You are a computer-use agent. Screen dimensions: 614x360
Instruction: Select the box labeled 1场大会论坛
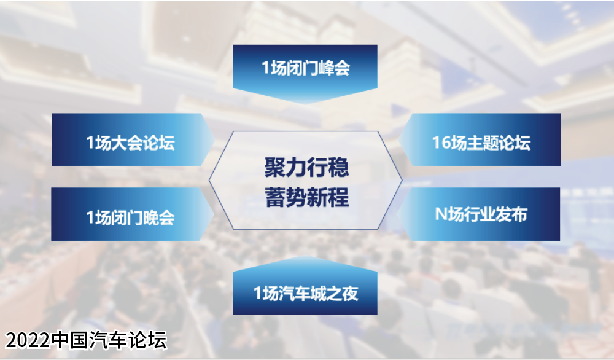(133, 139)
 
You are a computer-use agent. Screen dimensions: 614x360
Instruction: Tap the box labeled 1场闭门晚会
(133, 214)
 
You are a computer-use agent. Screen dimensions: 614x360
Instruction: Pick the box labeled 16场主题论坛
(480, 139)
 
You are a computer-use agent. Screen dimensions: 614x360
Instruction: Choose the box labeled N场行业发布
(478, 214)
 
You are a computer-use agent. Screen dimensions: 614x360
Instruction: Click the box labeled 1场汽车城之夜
(305, 286)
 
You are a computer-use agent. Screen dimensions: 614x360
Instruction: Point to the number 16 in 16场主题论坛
(441, 143)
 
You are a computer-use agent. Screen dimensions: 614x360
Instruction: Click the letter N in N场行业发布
(441, 214)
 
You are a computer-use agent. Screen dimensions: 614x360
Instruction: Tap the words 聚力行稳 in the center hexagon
(306, 167)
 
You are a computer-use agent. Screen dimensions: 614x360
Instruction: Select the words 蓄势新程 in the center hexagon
(306, 197)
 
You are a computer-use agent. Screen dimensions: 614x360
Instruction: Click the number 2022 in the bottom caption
(28, 340)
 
